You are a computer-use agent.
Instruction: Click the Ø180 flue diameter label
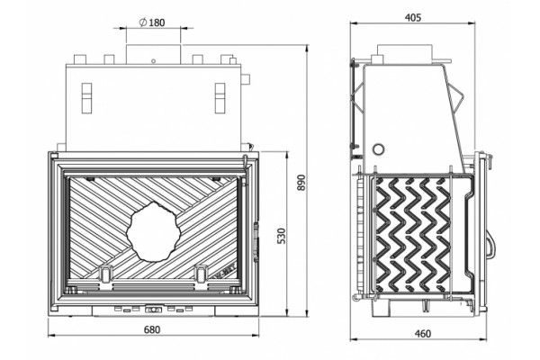pyautogui.click(x=152, y=22)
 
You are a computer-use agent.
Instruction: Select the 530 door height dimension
pyautogui.click(x=282, y=236)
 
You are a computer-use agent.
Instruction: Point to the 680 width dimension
pyautogui.click(x=152, y=329)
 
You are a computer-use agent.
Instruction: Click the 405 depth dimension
pyautogui.click(x=412, y=18)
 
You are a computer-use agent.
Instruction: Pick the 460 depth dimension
pyautogui.click(x=423, y=334)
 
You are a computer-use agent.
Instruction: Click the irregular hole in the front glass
pyautogui.click(x=153, y=231)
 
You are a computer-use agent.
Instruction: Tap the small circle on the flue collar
pyautogui.click(x=153, y=61)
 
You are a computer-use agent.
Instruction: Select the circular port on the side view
pyautogui.click(x=379, y=149)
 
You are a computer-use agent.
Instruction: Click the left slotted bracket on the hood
pyautogui.click(x=86, y=98)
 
